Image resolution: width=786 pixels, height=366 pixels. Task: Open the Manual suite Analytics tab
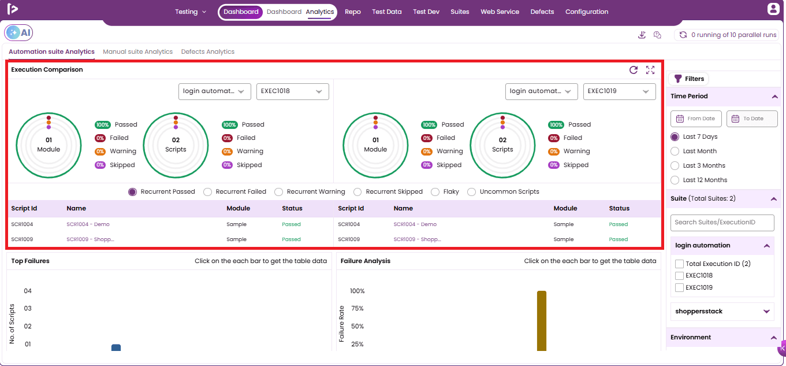tap(137, 51)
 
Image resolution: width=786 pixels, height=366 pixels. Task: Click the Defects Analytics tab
tap(208, 51)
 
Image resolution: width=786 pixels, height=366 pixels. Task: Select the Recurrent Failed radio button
tap(208, 192)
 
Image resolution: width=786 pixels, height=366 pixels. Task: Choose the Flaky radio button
tap(435, 192)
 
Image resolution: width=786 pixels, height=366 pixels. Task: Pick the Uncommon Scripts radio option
tap(472, 192)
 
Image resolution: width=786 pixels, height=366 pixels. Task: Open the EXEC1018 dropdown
tap(293, 91)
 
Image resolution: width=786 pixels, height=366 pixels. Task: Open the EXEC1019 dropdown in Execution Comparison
tap(619, 91)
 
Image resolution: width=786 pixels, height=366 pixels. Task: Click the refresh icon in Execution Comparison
tap(634, 70)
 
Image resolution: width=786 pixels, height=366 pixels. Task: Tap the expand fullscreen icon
tap(650, 70)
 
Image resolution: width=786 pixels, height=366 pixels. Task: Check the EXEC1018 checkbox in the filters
tap(679, 276)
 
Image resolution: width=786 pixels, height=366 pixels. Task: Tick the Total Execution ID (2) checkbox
tap(679, 264)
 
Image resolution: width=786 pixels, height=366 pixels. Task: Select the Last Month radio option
tap(675, 151)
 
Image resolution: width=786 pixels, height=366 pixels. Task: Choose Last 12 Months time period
tap(675, 180)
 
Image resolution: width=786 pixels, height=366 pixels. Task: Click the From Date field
tap(696, 119)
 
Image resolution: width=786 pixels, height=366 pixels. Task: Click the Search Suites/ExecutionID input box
tap(722, 223)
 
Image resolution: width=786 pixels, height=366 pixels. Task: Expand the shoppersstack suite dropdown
tap(766, 312)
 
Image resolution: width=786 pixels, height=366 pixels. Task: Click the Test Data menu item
tap(387, 12)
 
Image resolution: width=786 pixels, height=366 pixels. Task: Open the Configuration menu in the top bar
tap(587, 12)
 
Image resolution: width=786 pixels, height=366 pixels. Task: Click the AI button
tap(18, 32)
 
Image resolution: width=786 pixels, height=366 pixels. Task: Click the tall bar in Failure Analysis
tap(542, 321)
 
